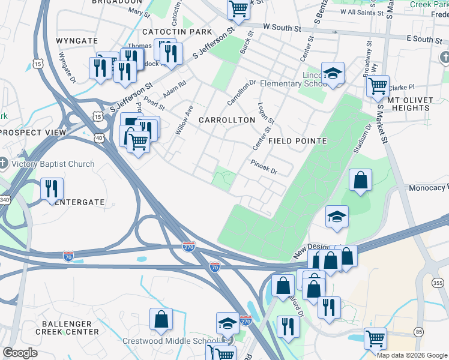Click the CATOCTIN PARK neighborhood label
177,31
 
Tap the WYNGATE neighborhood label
76,40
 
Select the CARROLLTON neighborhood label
227,120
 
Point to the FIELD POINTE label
297,141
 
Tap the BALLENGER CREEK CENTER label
67,327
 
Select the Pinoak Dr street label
264,166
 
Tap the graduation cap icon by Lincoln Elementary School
333,73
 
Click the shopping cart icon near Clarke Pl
377,86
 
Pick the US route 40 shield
98,138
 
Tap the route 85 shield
418,332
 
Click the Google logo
20,353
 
